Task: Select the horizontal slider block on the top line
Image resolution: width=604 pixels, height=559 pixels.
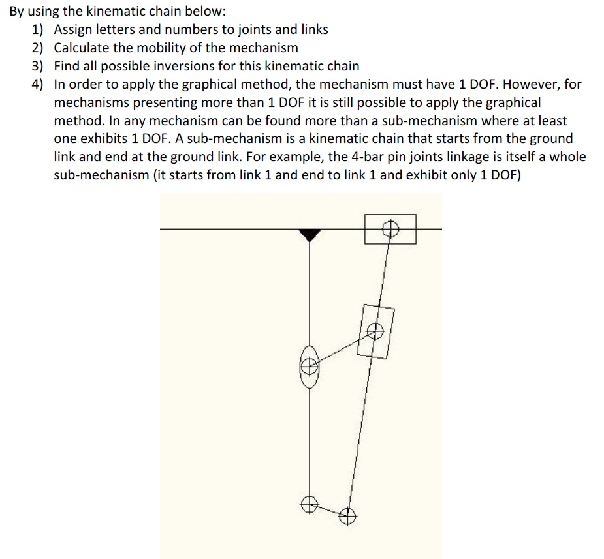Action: (390, 229)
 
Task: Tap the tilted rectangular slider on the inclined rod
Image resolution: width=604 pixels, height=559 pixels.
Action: (375, 331)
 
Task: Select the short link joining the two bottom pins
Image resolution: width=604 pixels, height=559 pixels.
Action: (328, 510)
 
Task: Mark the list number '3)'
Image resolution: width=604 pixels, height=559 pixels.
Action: (38, 66)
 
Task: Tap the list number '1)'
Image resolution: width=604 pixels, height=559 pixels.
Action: (38, 29)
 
